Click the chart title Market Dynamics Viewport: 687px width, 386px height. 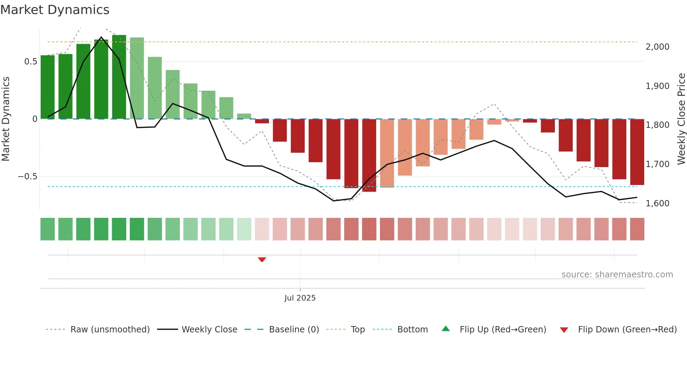click(55, 10)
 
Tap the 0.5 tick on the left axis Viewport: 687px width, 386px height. click(30, 62)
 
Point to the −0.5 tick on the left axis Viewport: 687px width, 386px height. click(27, 177)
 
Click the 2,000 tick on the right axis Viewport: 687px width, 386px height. click(657, 47)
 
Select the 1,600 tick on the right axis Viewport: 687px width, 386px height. click(657, 204)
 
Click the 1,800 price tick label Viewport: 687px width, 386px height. click(657, 125)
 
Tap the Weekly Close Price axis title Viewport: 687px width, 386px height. click(681, 119)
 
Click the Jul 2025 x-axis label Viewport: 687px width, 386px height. click(300, 298)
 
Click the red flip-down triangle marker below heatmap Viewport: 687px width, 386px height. click(262, 260)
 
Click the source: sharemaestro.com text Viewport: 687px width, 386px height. click(617, 275)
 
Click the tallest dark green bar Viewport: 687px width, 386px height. click(119, 77)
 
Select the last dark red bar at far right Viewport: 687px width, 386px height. click(637, 152)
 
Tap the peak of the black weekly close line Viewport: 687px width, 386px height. click(101, 37)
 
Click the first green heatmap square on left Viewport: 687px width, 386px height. click(48, 229)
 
